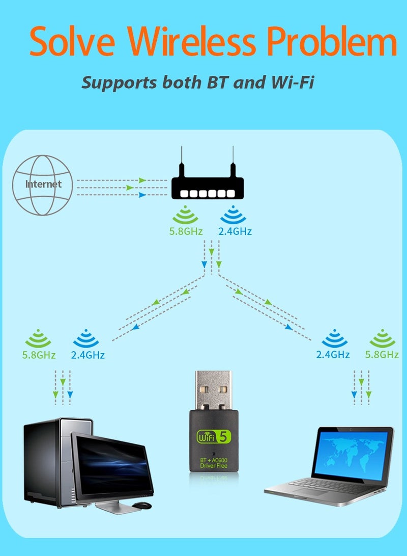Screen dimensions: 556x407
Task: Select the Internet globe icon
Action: (x=43, y=184)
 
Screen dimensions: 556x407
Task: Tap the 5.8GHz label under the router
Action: (x=186, y=231)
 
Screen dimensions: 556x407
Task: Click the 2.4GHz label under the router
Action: (x=235, y=231)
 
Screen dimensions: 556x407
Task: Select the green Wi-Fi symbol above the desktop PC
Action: (x=38, y=338)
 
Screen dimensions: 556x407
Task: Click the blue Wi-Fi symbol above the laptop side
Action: (x=334, y=338)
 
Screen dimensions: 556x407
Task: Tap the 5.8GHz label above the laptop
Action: (x=381, y=354)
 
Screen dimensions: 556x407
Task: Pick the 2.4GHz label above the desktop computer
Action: (x=88, y=355)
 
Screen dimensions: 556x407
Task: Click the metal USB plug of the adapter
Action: (x=214, y=390)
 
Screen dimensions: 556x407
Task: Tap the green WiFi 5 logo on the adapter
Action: (x=214, y=437)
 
